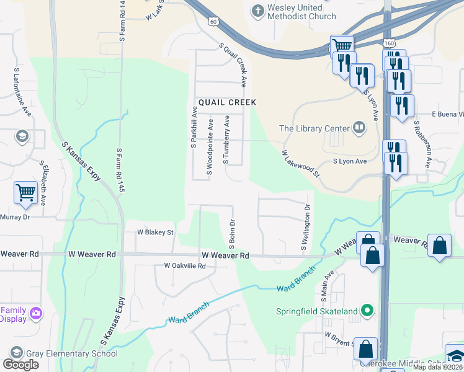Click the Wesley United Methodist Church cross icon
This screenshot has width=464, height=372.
click(x=257, y=10)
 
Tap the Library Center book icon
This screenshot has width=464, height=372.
click(x=359, y=128)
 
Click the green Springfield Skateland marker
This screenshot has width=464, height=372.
click(x=367, y=311)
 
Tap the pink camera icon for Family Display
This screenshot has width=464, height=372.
click(x=36, y=314)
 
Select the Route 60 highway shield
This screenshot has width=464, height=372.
click(x=213, y=21)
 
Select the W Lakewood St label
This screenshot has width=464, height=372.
click(x=300, y=163)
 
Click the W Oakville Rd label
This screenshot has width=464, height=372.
click(x=184, y=265)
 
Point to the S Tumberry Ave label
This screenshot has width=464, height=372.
click(x=226, y=140)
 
